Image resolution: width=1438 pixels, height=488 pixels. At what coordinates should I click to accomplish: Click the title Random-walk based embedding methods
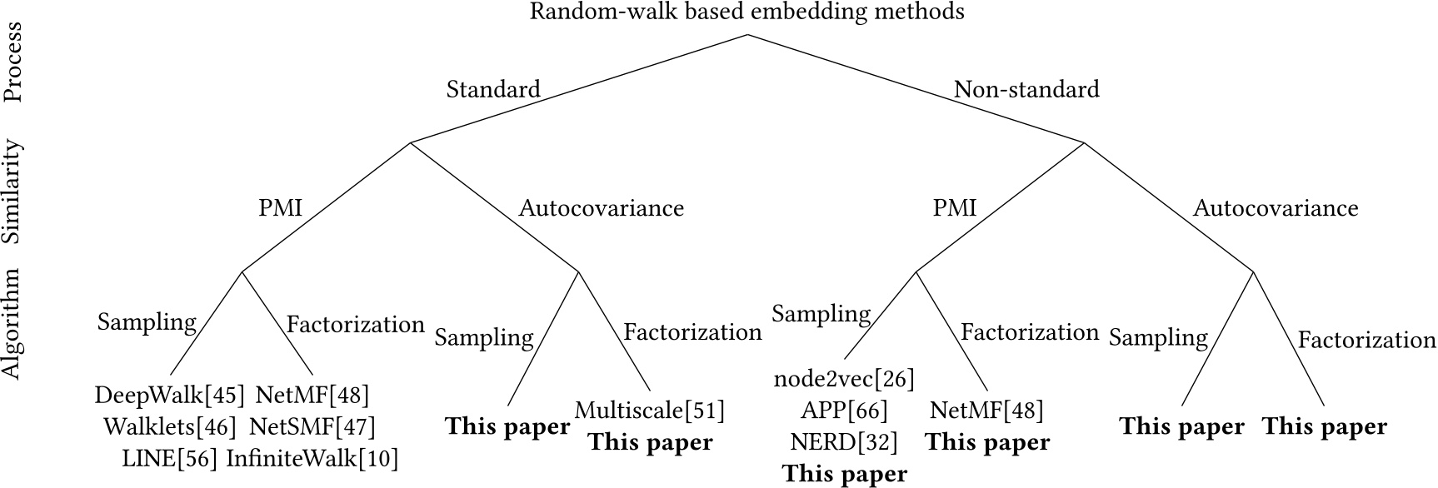747,12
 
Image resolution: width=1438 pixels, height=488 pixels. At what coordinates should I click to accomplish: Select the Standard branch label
493,89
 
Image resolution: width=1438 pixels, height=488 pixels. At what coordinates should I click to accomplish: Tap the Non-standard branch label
1026,89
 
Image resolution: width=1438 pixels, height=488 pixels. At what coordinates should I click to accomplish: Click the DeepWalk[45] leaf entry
170,395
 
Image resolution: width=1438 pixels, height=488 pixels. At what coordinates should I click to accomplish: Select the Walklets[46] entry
170,426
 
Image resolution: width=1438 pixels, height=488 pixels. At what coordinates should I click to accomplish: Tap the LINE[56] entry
170,457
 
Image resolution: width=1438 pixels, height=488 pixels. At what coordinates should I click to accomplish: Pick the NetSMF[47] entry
312,426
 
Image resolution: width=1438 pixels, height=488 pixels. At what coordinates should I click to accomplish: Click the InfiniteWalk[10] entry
312,457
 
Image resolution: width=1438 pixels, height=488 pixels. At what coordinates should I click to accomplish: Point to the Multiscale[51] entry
650,411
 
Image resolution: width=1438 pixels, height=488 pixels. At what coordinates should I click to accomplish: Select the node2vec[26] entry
844,380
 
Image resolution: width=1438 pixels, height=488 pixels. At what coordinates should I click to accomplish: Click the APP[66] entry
844,411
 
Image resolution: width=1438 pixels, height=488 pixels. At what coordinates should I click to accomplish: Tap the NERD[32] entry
844,441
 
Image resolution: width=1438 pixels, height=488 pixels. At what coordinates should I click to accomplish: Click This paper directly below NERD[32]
844,474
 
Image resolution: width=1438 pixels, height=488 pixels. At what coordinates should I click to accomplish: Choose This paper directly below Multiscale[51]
650,442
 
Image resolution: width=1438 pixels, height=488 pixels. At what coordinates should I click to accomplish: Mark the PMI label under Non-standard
954,207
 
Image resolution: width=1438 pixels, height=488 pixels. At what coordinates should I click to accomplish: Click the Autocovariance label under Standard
602,207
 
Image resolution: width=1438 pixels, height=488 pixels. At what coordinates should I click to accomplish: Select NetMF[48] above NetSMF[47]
312,395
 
